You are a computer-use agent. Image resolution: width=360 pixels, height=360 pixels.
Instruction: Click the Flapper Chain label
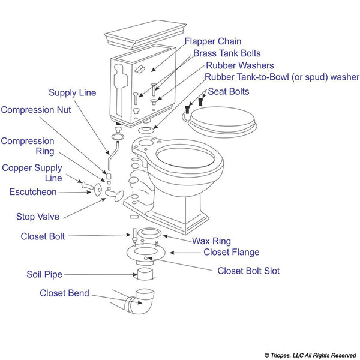point(213,41)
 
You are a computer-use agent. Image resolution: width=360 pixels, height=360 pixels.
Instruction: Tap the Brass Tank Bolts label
point(227,53)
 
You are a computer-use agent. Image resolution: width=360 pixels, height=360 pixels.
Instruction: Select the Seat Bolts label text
point(229,92)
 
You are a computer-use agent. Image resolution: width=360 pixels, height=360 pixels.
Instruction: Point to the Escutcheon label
point(33,192)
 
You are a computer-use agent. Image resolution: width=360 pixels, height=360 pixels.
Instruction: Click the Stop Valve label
point(38,217)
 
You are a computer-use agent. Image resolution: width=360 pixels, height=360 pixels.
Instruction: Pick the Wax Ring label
point(211,241)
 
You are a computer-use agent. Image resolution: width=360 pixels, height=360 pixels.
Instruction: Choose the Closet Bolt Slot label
point(248,271)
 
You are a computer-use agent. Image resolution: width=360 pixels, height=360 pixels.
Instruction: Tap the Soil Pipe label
point(44,274)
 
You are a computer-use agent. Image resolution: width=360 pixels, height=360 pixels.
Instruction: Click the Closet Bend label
point(64,293)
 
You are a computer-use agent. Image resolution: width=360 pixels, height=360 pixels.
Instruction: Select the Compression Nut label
point(36,110)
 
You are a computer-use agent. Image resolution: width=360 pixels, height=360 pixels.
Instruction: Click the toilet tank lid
point(145,34)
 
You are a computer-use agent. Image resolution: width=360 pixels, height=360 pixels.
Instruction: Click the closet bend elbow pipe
point(140,303)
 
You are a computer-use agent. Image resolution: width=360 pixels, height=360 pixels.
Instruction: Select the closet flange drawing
point(146,253)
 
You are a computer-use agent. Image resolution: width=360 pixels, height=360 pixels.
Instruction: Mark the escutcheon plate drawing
point(98,190)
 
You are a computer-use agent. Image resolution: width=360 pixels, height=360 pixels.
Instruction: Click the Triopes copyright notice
point(310,355)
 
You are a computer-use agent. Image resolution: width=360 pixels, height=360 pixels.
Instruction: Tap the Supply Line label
point(73,93)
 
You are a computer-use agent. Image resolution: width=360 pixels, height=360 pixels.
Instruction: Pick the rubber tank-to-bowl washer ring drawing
point(146,130)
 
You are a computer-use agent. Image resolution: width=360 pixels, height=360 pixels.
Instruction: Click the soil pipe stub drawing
point(145,274)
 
